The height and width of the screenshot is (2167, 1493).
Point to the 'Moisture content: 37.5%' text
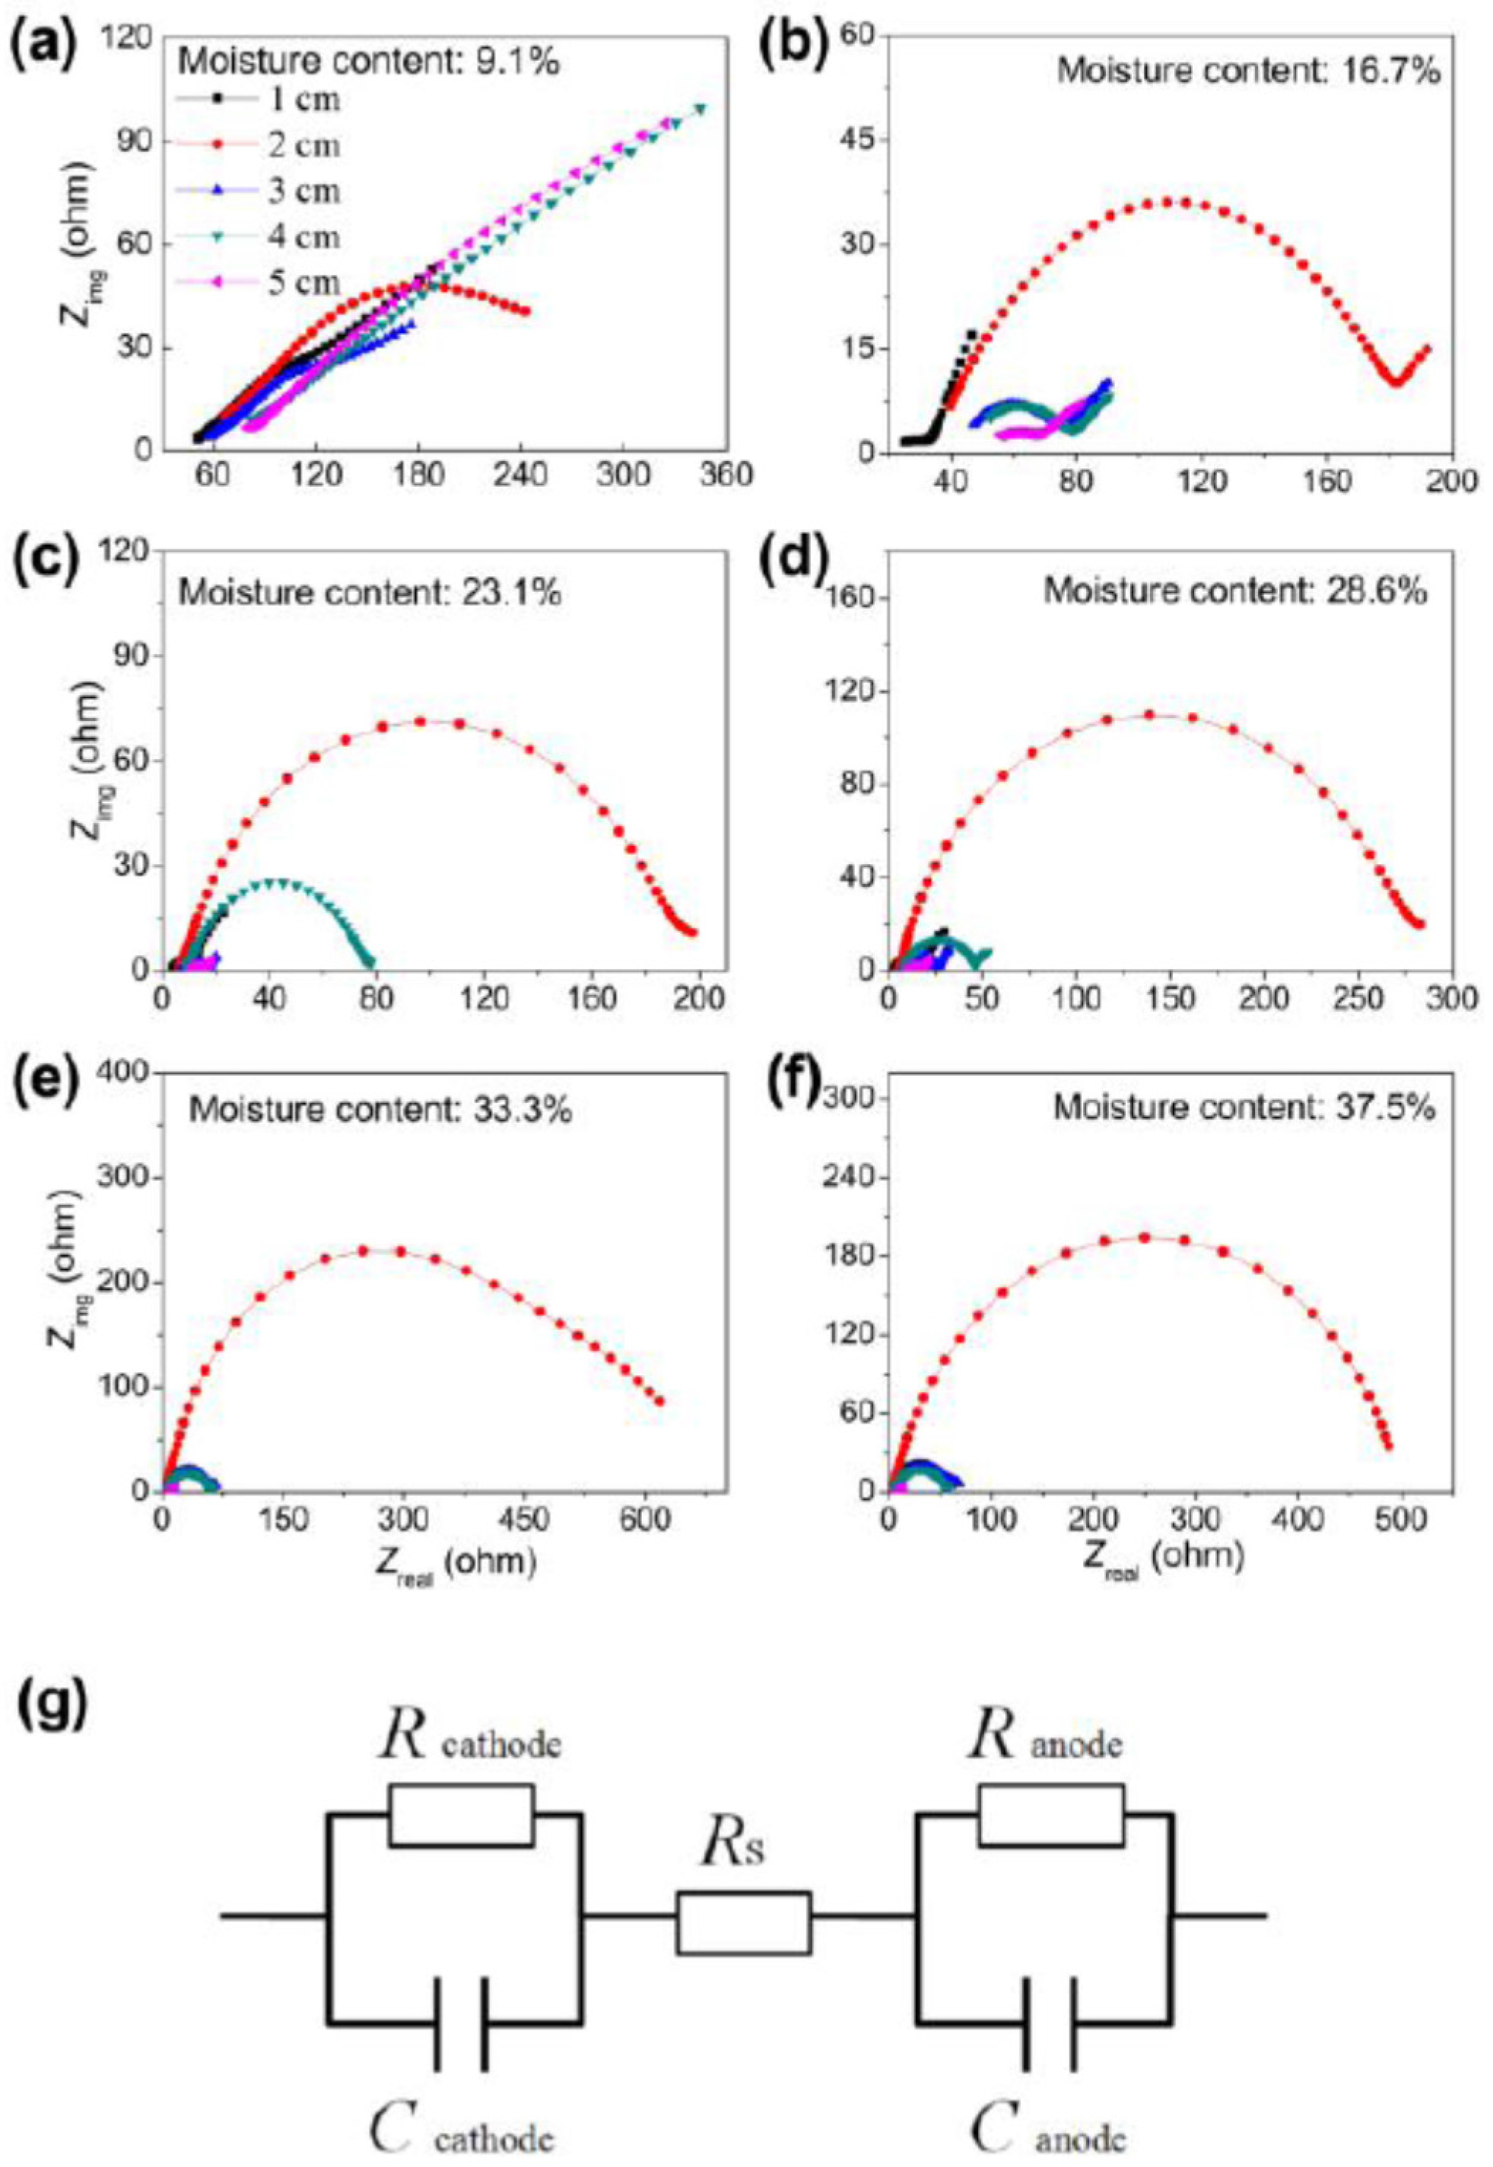click(1244, 1108)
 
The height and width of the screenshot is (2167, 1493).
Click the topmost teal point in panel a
click(700, 110)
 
